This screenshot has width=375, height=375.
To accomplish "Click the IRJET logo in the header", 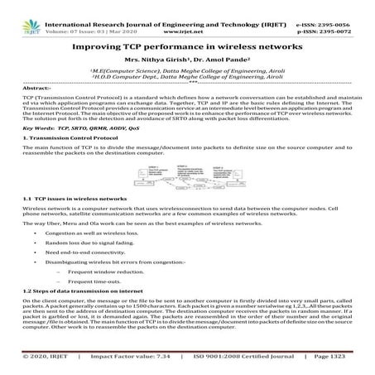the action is [15, 12].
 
